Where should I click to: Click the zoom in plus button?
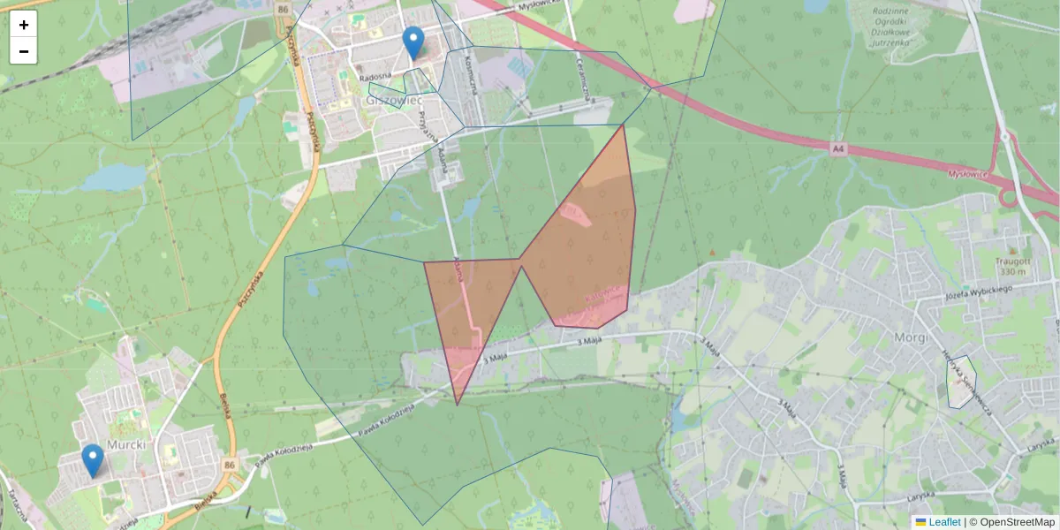point(24,25)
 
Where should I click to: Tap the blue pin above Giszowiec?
point(413,42)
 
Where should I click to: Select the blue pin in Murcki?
point(92,459)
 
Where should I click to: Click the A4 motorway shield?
point(838,150)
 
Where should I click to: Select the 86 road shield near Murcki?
point(230,465)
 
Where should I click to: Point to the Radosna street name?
point(375,77)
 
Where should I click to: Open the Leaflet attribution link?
point(944,522)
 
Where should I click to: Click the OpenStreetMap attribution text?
point(1017,522)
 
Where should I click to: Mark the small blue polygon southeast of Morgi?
point(960,382)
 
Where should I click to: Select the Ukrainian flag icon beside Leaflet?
point(921,522)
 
